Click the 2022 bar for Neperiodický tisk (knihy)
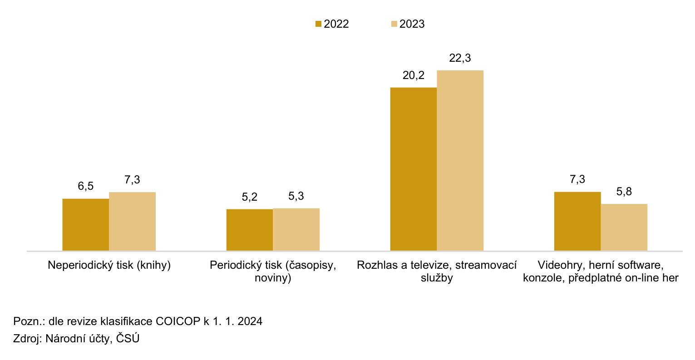click(x=85, y=225)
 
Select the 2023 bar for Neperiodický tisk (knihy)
click(x=132, y=222)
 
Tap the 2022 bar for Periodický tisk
click(x=249, y=230)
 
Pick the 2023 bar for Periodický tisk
click(x=296, y=230)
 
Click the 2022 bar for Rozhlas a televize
click(x=414, y=169)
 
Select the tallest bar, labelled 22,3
click(x=460, y=160)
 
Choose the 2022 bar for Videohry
click(x=577, y=222)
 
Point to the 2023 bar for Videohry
click(x=624, y=227)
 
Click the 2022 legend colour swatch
click(x=318, y=24)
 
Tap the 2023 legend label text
click(x=412, y=24)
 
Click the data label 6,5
click(x=85, y=187)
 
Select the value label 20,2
click(x=414, y=75)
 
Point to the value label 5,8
click(x=624, y=192)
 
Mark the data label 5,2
click(x=249, y=197)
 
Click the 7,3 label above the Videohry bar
click(x=577, y=179)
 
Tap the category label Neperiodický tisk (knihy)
click(x=109, y=265)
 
